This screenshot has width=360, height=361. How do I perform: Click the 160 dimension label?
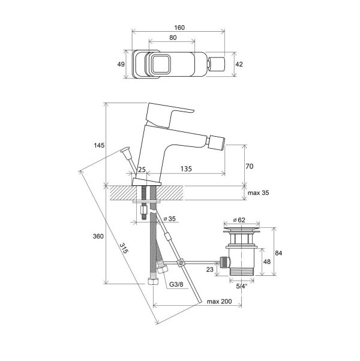179,28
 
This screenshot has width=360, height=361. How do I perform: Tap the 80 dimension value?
173,38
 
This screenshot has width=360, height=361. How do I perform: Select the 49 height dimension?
121,64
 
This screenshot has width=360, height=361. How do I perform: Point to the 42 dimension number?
239,64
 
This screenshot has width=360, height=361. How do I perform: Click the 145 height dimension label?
99,145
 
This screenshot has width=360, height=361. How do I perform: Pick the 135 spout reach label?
186,169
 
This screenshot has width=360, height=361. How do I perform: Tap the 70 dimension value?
250,166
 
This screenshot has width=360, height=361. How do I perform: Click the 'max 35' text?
258,192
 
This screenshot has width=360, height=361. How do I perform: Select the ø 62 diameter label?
239,220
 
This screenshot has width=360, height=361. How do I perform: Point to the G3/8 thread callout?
176,284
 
